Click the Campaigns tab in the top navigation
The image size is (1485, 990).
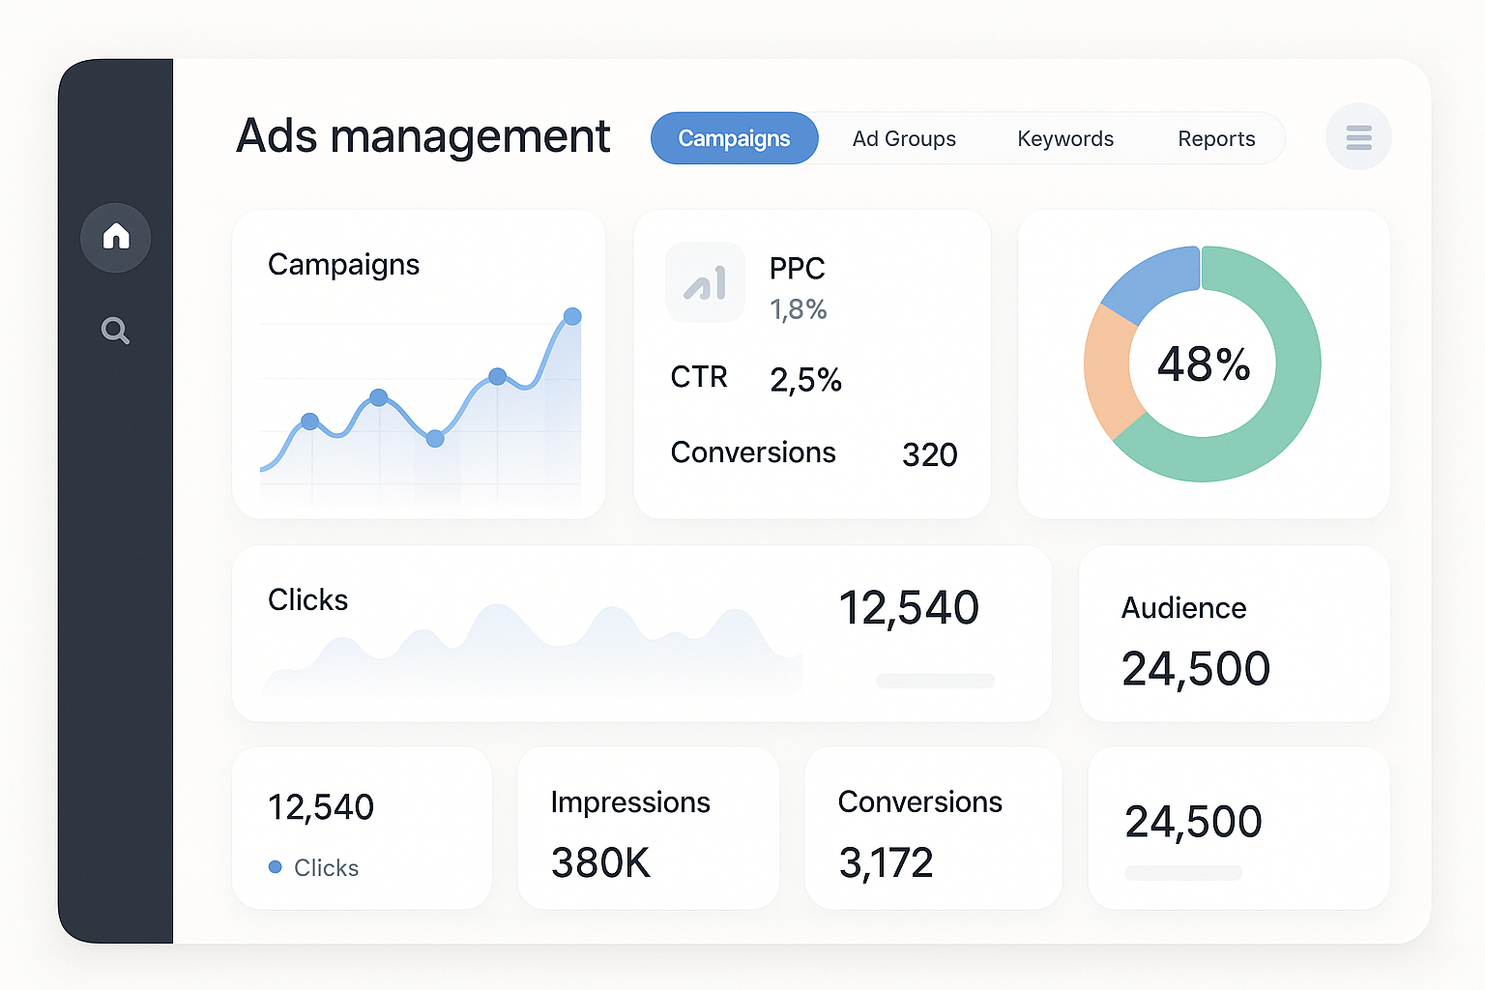tap(734, 138)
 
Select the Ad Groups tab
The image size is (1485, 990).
tap(904, 138)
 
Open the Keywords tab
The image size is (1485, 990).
tap(1065, 138)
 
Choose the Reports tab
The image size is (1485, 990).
tap(1216, 138)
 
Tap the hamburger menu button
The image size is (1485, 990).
tap(1358, 137)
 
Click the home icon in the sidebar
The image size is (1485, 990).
tap(116, 237)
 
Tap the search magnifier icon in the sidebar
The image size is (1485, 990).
tap(115, 331)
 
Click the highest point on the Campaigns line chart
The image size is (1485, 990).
tap(572, 316)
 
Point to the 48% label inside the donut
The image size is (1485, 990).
tap(1203, 364)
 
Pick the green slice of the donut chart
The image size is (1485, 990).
tap(1276, 406)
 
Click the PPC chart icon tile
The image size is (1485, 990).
tap(705, 282)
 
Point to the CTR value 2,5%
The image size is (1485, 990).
tap(805, 380)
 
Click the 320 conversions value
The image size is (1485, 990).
tap(929, 454)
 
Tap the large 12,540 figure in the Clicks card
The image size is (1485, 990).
tap(908, 608)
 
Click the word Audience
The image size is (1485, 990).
tap(1183, 608)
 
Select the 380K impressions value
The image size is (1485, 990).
tap(600, 862)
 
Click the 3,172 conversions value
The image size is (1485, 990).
tap(886, 862)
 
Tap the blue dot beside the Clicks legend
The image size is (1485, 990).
tap(276, 867)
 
